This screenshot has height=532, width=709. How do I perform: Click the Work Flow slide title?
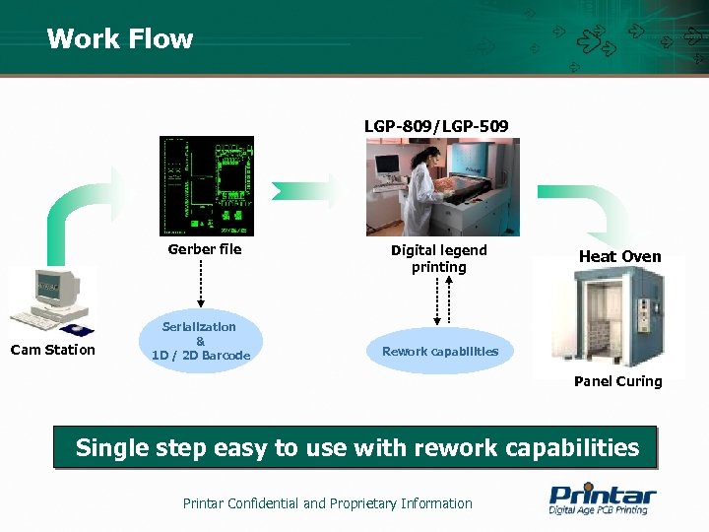pyautogui.click(x=119, y=38)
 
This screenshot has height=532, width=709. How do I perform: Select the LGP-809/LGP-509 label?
pyautogui.click(x=436, y=126)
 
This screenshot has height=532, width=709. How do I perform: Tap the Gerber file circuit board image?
pyautogui.click(x=206, y=185)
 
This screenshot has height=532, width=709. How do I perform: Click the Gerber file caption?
pyautogui.click(x=205, y=249)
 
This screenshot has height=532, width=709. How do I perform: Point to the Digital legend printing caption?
pyautogui.click(x=439, y=258)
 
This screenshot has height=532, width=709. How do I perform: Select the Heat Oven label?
pyautogui.click(x=619, y=256)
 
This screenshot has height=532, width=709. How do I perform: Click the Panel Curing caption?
pyautogui.click(x=617, y=381)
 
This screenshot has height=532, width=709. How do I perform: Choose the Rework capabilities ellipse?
pyautogui.click(x=440, y=351)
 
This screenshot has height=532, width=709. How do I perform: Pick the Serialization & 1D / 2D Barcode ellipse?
pyautogui.click(x=201, y=341)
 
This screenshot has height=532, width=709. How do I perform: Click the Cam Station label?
pyautogui.click(x=53, y=349)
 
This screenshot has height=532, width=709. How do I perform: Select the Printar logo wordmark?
pyautogui.click(x=602, y=494)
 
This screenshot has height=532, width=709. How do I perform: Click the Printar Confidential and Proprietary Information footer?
pyautogui.click(x=328, y=503)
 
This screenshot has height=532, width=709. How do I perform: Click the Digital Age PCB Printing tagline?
pyautogui.click(x=598, y=510)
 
